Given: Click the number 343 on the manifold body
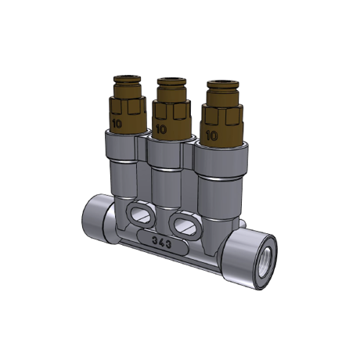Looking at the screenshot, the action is coord(162,243).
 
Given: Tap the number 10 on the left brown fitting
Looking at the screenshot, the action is coord(117,124).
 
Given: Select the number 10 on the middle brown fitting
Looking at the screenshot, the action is coord(161,129).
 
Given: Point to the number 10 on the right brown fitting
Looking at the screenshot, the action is coord(212,135).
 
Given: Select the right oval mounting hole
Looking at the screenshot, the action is coord(185,225).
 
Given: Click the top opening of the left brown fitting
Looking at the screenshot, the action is coord(127,78).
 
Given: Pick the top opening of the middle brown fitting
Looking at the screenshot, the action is coord(171,81).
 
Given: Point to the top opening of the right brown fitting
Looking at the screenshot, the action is coord(223,85).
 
